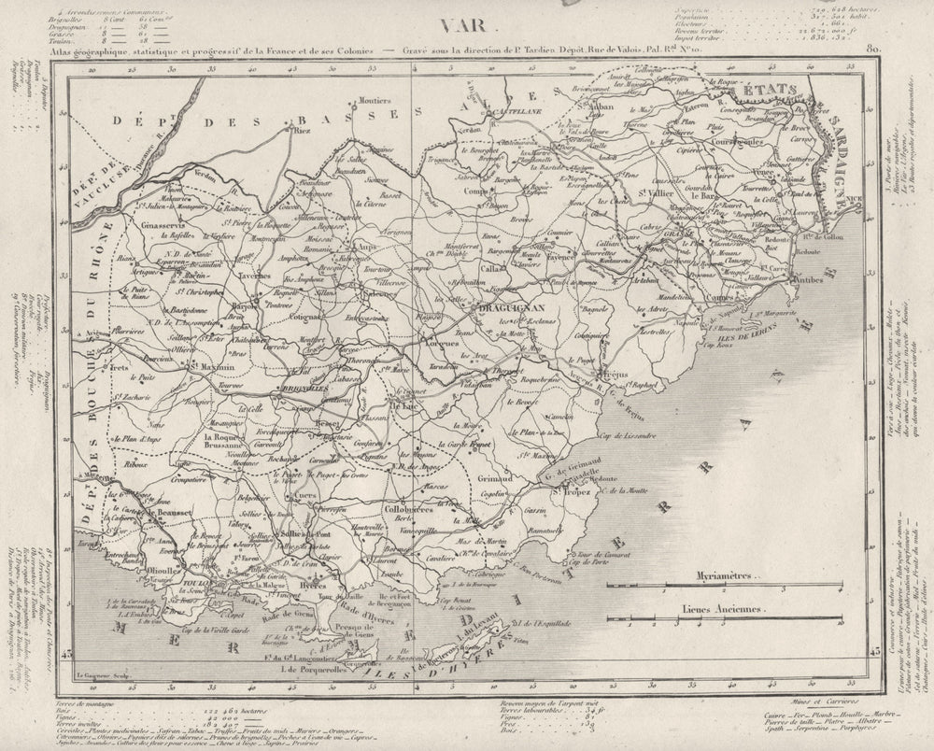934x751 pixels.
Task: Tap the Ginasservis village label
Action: tap(167, 224)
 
